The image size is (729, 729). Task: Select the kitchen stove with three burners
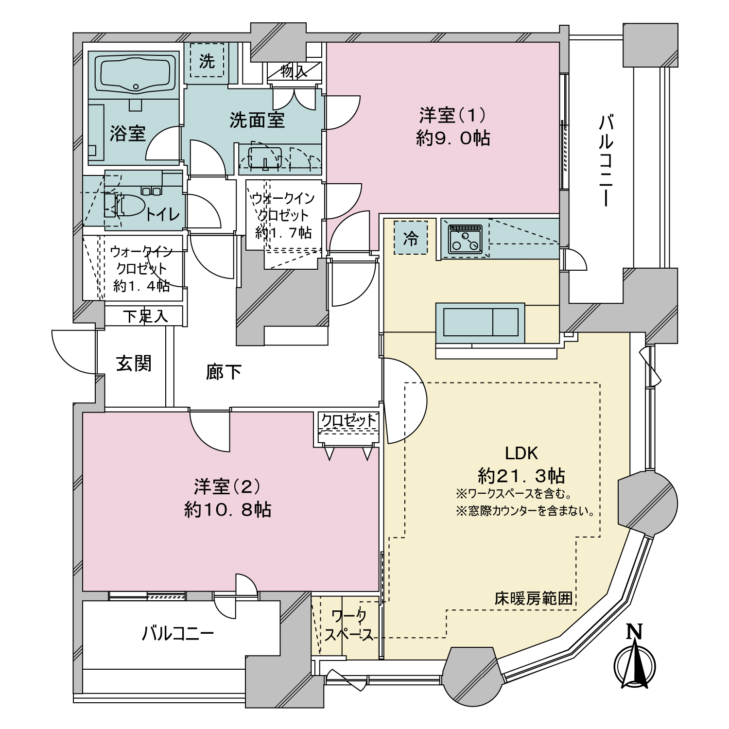click(465, 239)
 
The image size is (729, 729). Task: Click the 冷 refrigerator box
click(411, 238)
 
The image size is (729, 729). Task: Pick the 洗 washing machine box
click(207, 60)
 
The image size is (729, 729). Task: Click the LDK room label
click(521, 453)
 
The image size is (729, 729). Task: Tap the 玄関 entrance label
click(134, 363)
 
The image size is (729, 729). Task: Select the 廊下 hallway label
click(224, 372)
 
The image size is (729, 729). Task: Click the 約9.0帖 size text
click(453, 139)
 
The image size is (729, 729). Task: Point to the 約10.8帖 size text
click(227, 510)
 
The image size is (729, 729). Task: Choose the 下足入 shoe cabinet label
click(145, 316)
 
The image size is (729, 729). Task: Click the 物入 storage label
click(294, 71)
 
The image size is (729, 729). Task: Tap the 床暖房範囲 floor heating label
click(534, 598)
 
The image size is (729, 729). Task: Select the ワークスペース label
click(349, 625)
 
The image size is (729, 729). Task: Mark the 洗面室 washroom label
click(257, 120)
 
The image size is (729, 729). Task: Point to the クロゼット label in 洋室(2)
click(349, 420)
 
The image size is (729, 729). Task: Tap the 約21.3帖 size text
click(521, 475)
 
